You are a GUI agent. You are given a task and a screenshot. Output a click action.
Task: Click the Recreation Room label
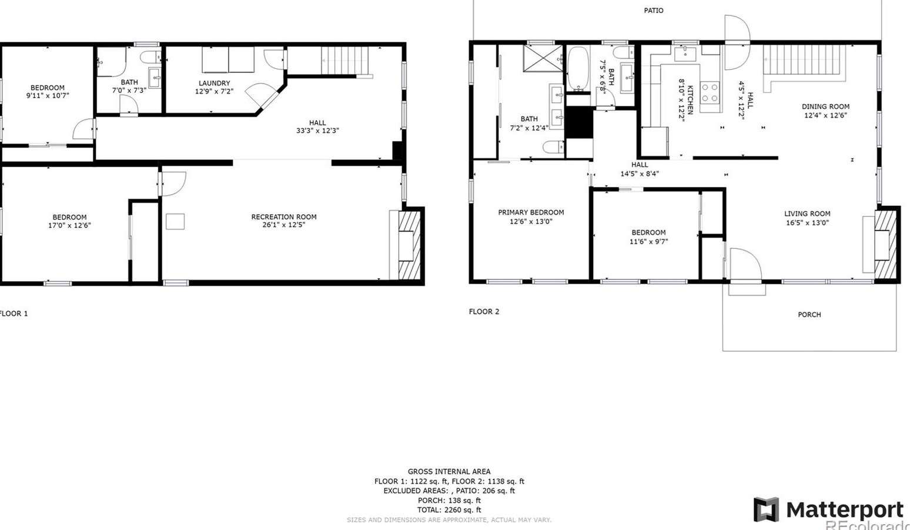[x=284, y=217]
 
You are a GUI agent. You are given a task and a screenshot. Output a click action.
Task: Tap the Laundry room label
[x=214, y=84]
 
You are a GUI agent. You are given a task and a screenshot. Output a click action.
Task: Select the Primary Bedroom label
[x=531, y=212]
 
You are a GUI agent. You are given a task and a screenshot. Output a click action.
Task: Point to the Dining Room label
[x=825, y=106]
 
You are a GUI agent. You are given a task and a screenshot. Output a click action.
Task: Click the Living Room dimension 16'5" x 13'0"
[x=807, y=223]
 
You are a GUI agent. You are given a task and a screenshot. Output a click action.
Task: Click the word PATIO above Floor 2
[x=653, y=11]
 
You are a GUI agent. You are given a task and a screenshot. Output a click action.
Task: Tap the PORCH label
[x=809, y=315]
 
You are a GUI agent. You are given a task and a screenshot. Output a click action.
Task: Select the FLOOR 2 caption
[x=484, y=312]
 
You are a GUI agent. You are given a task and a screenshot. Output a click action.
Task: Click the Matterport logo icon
[x=766, y=509]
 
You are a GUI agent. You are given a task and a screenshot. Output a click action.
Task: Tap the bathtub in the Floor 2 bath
[x=578, y=69]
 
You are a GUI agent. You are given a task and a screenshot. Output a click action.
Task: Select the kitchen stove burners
[x=710, y=93]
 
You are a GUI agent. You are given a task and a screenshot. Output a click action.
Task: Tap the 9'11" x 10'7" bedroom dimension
[x=48, y=96]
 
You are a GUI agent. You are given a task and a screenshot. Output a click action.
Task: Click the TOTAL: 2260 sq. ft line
[x=449, y=510]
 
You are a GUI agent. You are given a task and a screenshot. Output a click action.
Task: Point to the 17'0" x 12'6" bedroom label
[x=69, y=225]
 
